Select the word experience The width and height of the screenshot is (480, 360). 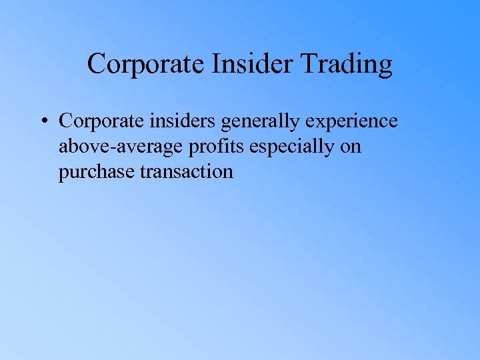(x=349, y=123)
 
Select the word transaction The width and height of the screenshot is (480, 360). (x=187, y=172)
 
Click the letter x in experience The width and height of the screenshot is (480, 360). (x=314, y=122)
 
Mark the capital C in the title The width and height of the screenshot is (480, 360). (x=97, y=65)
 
